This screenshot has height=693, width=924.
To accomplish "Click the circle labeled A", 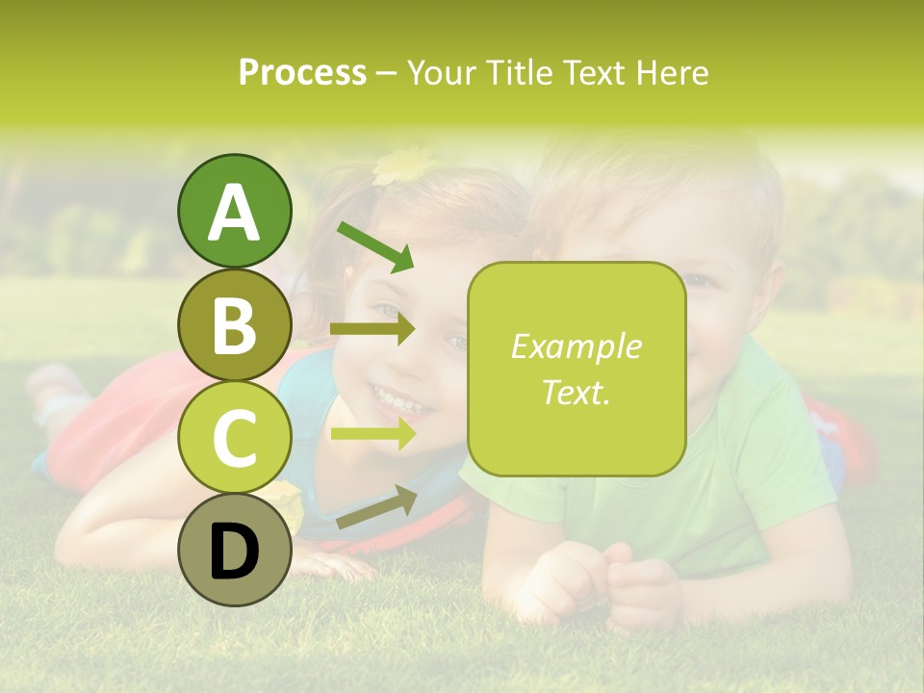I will (x=234, y=211).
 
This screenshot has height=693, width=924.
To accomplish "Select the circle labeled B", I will (x=234, y=324).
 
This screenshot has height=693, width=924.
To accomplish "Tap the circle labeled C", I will (x=234, y=437).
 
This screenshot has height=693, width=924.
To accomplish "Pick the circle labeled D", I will (x=234, y=551).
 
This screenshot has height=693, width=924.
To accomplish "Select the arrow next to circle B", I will (x=372, y=329).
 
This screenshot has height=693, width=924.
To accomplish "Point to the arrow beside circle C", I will (x=372, y=433).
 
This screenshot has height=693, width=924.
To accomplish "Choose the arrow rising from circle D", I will (x=376, y=507).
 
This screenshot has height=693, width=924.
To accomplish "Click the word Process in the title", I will (x=302, y=73).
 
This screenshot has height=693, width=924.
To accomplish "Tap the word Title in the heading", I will (x=524, y=73).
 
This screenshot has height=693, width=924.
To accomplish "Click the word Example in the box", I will (x=576, y=346).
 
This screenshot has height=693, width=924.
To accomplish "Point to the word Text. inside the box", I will (x=576, y=392).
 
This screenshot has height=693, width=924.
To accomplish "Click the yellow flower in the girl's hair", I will (x=402, y=166).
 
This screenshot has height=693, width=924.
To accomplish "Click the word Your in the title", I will (x=444, y=73).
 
